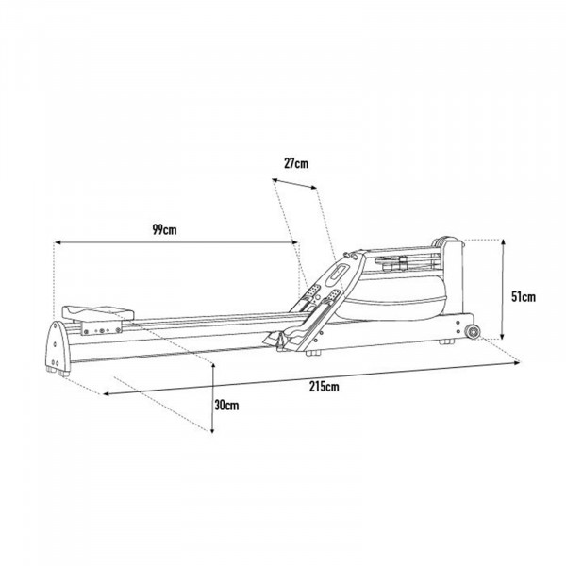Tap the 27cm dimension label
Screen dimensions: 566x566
pyautogui.click(x=296, y=163)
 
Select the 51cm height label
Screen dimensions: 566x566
pyautogui.click(x=523, y=296)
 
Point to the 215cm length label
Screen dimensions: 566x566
pyautogui.click(x=324, y=386)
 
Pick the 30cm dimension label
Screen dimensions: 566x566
pyautogui.click(x=225, y=405)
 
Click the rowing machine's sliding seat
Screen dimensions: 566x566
pyautogui.click(x=96, y=309)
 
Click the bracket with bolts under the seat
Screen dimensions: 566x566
pyautogui.click(x=102, y=329)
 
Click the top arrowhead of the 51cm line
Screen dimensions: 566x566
pyautogui.click(x=504, y=241)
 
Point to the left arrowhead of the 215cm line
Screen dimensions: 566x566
pyautogui.click(x=106, y=393)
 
